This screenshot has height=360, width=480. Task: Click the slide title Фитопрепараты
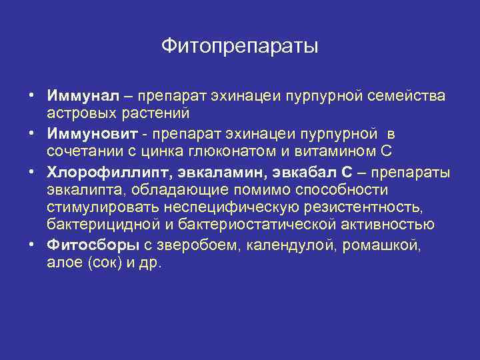click(240, 47)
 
